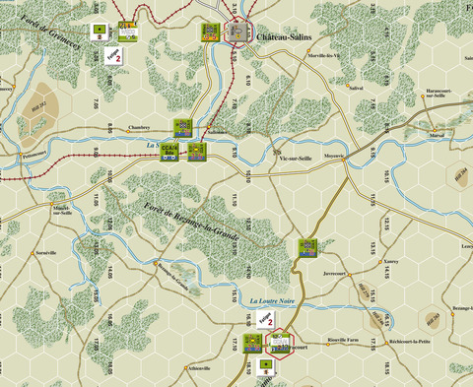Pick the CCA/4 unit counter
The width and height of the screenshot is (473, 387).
(170, 151)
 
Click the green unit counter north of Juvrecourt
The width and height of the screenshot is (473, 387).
(308, 246)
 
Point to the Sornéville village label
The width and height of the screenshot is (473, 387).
(46, 253)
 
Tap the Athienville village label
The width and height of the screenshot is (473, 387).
(199, 367)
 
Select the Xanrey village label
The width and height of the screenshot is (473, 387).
(391, 261)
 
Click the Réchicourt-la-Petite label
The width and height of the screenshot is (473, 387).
(411, 346)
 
